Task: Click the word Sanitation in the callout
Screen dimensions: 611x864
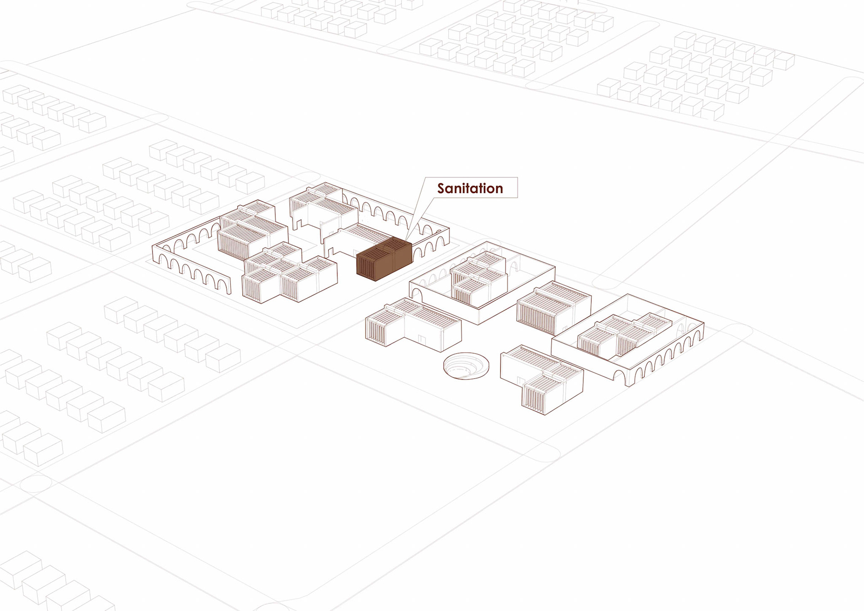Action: point(470,188)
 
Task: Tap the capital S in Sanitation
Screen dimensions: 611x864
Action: point(441,188)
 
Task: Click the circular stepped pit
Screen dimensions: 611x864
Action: point(466,366)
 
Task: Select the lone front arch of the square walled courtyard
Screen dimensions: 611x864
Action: point(417,296)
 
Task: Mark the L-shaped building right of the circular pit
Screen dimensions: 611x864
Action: point(542,378)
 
